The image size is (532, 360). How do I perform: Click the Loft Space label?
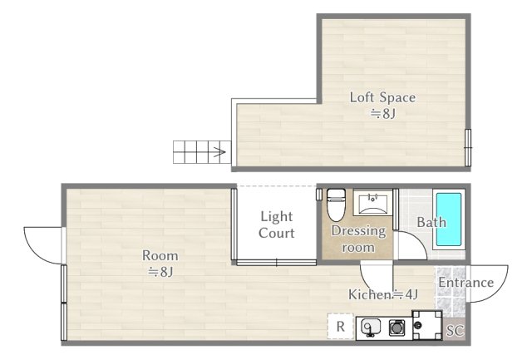tap(382, 105)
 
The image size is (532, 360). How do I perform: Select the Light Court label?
tap(276, 224)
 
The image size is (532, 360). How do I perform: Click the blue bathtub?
tap(448, 220)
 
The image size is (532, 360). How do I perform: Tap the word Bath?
tap(431, 223)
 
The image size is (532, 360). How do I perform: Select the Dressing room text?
tap(358, 239)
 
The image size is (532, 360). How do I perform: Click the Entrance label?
tap(465, 283)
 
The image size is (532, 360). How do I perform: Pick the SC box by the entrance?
tap(454, 330)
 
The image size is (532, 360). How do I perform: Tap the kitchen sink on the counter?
tap(370, 328)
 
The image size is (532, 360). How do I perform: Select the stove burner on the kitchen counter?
tap(397, 328)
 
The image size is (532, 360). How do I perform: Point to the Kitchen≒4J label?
tap(382, 293)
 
